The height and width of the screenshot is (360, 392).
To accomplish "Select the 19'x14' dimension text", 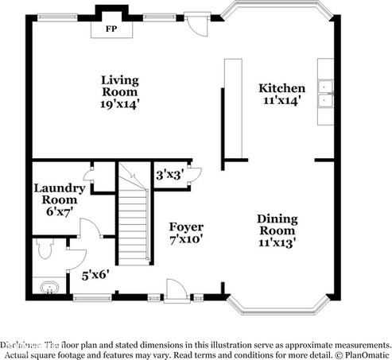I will coord(120,104).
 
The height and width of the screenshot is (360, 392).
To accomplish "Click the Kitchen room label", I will coord(281,88).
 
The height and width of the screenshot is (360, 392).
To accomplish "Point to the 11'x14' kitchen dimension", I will coord(281,101).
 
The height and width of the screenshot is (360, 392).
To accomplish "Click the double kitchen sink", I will coord(325,94).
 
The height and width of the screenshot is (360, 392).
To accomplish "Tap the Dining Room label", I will coord(277,225).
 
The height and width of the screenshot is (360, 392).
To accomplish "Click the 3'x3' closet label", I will coord(169,174).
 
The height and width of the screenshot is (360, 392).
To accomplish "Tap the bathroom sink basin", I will coord(47,287).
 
